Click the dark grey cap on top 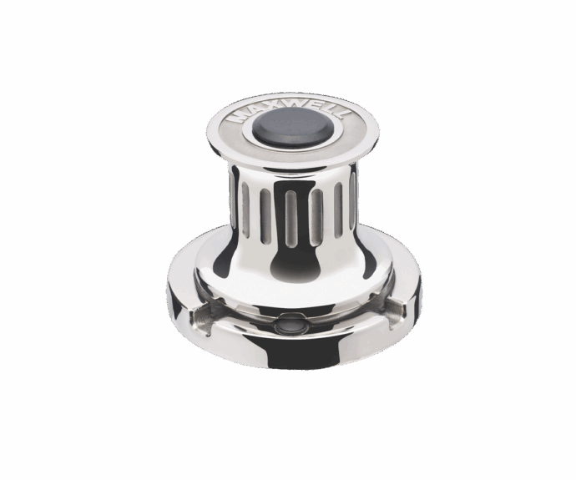(293, 124)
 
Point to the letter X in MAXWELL (261, 106)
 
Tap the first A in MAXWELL (247, 111)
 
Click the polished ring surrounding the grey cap (293, 141)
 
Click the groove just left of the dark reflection (265, 215)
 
